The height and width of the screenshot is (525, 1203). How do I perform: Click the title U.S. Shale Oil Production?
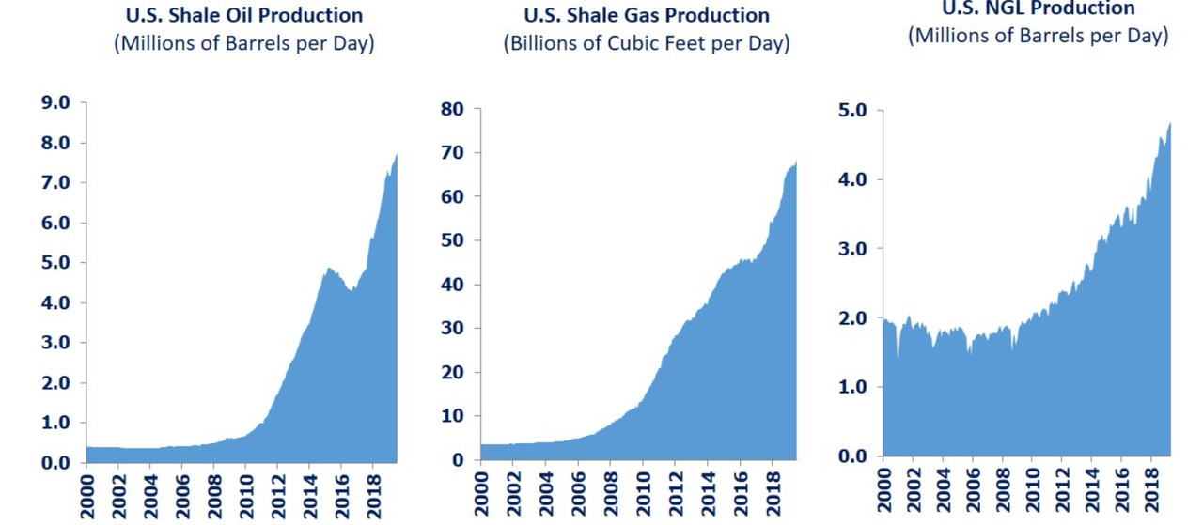[x=243, y=16]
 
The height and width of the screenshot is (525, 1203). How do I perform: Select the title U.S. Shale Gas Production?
[x=646, y=16]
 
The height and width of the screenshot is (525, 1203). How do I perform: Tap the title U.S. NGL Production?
[x=1039, y=8]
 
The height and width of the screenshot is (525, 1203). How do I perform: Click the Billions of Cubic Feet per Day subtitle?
[x=646, y=44]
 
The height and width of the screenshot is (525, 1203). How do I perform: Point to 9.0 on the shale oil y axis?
[x=53, y=103]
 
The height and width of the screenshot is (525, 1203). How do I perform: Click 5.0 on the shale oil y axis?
[x=53, y=263]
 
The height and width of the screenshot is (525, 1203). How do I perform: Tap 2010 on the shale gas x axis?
[x=641, y=492]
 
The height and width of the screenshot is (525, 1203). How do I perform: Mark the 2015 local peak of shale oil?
[x=330, y=269]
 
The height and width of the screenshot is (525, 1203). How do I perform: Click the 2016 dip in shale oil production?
[x=352, y=291]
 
